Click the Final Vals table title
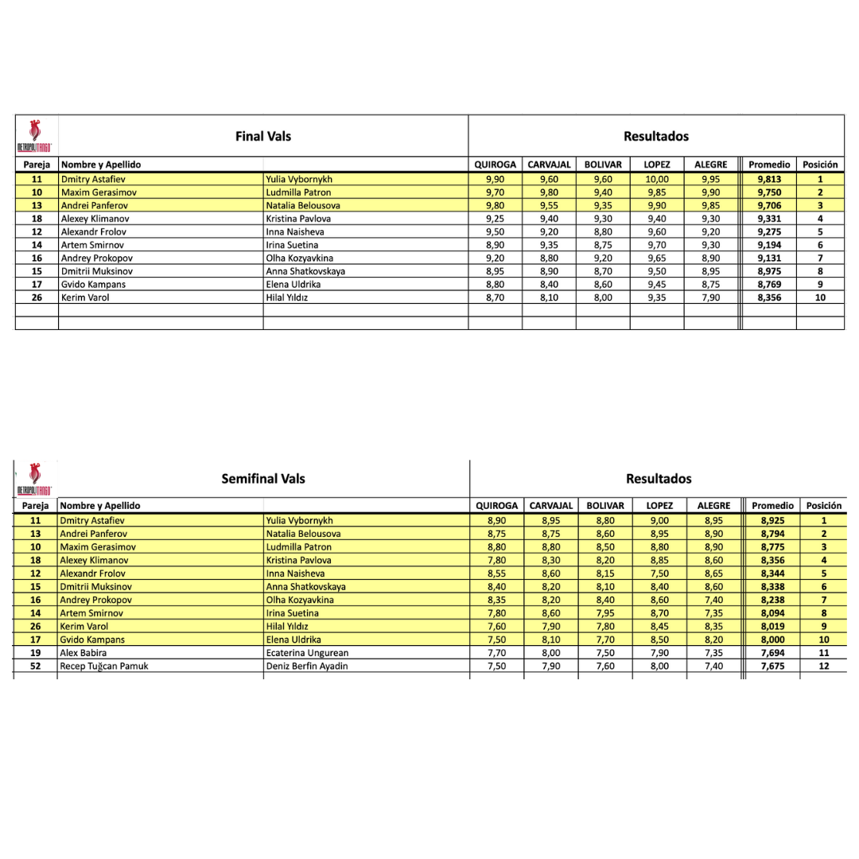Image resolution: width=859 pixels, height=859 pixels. (263, 136)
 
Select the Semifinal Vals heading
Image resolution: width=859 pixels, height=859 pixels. (263, 478)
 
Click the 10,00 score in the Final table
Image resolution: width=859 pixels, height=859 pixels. (657, 179)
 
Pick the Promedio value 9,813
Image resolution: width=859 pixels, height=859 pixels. (769, 179)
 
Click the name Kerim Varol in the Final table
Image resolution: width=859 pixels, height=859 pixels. (84, 297)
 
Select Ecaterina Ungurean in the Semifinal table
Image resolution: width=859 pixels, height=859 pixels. (307, 653)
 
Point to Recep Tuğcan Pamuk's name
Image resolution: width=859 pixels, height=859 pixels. (104, 666)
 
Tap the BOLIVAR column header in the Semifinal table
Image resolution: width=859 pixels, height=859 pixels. (604, 505)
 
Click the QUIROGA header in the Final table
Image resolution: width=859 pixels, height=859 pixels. (495, 165)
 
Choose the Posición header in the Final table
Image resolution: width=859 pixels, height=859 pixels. (820, 165)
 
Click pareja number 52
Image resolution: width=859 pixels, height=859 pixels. (36, 666)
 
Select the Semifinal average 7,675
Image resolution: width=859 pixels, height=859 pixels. (772, 666)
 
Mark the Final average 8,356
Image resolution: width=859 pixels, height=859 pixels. (769, 297)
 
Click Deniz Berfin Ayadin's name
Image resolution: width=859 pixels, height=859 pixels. (307, 666)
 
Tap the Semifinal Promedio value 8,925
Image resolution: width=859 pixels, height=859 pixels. (772, 520)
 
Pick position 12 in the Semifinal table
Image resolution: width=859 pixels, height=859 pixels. (823, 666)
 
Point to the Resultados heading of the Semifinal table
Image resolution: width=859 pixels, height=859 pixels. (659, 478)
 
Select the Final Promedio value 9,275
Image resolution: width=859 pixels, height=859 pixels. (769, 231)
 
